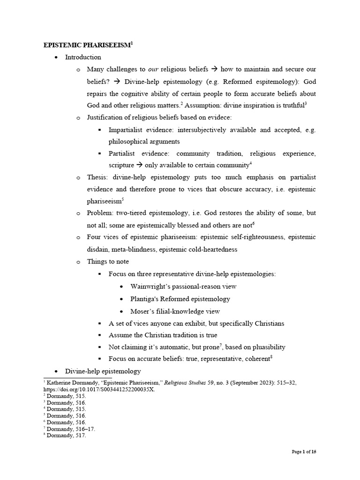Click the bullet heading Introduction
(83, 57)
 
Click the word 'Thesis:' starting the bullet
(97, 177)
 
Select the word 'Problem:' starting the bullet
(100, 213)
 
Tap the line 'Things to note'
(108, 262)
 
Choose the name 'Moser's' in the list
(142, 311)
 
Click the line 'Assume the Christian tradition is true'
(163, 335)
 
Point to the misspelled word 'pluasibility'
(266, 347)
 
